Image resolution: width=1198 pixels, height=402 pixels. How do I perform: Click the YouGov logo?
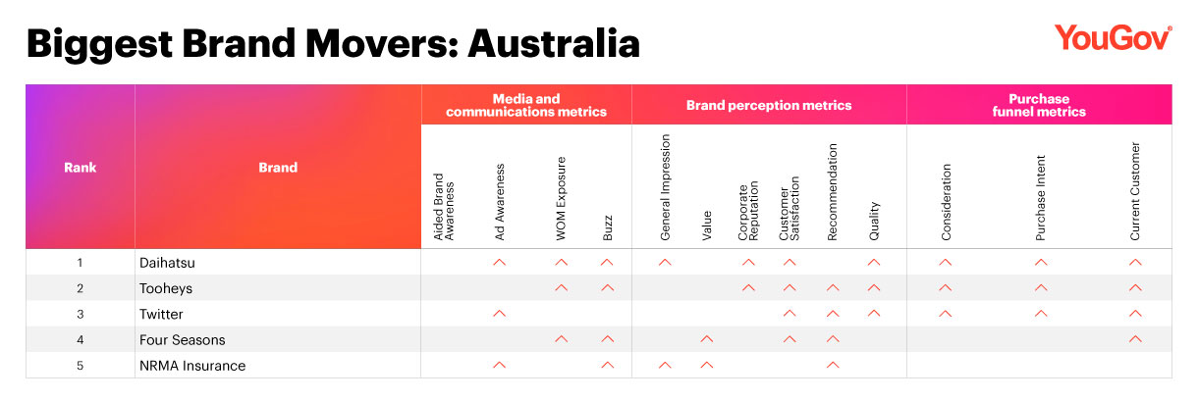pyautogui.click(x=1113, y=38)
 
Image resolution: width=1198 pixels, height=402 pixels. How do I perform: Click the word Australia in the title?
pyautogui.click(x=554, y=43)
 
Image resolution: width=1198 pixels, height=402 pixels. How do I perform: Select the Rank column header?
pyautogui.click(x=81, y=167)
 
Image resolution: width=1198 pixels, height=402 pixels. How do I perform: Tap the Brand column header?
pyautogui.click(x=278, y=167)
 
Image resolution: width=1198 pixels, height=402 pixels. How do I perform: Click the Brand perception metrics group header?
pyautogui.click(x=769, y=105)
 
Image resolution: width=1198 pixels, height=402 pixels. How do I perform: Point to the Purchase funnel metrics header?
pyautogui.click(x=1039, y=105)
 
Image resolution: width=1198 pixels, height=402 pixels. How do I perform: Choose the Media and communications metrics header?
pyautogui.click(x=526, y=105)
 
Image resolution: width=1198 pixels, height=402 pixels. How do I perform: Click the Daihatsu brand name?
pyautogui.click(x=167, y=263)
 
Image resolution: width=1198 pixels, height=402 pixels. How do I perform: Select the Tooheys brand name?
pyautogui.click(x=166, y=289)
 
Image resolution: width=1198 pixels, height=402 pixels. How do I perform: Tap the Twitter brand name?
pyautogui.click(x=161, y=314)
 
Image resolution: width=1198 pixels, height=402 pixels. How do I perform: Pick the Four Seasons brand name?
pyautogui.click(x=183, y=340)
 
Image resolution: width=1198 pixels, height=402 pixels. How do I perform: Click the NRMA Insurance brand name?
pyautogui.click(x=192, y=366)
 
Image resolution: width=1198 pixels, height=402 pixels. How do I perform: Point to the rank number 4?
pyautogui.click(x=81, y=340)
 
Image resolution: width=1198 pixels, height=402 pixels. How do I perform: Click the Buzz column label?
pyautogui.click(x=608, y=227)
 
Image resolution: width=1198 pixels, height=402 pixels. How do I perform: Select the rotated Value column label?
pyautogui.click(x=706, y=226)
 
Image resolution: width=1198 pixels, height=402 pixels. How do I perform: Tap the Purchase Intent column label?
pyautogui.click(x=1040, y=198)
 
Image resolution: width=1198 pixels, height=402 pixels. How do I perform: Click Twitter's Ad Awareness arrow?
pyautogui.click(x=500, y=314)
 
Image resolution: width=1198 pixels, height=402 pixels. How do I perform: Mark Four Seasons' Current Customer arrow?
pyautogui.click(x=1135, y=339)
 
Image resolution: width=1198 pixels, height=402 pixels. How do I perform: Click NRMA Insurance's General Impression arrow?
pyautogui.click(x=665, y=365)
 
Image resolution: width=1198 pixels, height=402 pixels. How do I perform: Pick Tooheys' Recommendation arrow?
pyautogui.click(x=833, y=287)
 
